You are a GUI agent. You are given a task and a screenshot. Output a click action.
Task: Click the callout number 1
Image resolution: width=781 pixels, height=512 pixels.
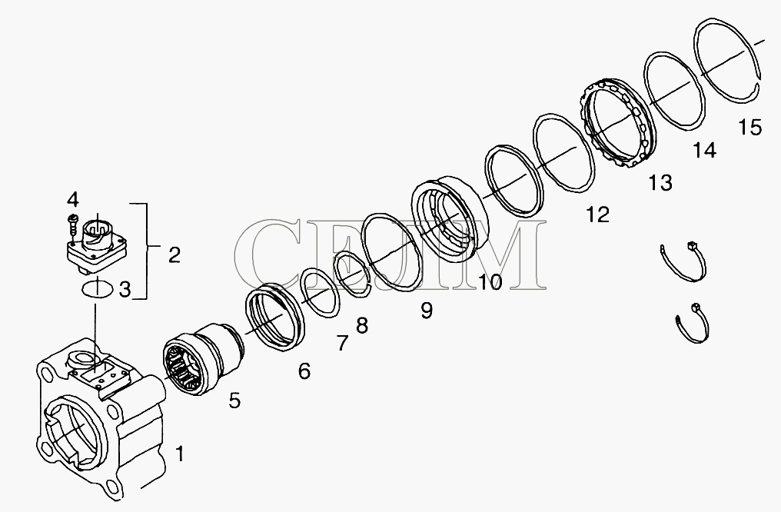179,454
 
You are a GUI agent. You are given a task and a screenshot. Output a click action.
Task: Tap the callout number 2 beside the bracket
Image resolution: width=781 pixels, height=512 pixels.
174,255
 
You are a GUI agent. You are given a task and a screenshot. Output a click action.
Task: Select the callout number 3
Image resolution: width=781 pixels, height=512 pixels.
125,289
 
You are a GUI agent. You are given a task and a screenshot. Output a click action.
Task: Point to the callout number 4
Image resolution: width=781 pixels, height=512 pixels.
73,200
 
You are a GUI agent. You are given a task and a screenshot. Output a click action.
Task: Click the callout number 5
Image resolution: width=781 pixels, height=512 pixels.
234,400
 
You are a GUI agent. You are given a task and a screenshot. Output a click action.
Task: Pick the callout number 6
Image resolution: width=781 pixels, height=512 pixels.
304,371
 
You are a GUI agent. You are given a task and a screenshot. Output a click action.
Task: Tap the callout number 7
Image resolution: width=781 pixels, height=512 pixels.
341,343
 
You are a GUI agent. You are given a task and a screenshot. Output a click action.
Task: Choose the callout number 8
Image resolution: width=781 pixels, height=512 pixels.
362,326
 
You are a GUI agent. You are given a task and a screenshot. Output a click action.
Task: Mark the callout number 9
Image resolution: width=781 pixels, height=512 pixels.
427,311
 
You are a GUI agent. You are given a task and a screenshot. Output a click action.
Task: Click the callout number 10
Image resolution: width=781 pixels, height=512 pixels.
490,282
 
